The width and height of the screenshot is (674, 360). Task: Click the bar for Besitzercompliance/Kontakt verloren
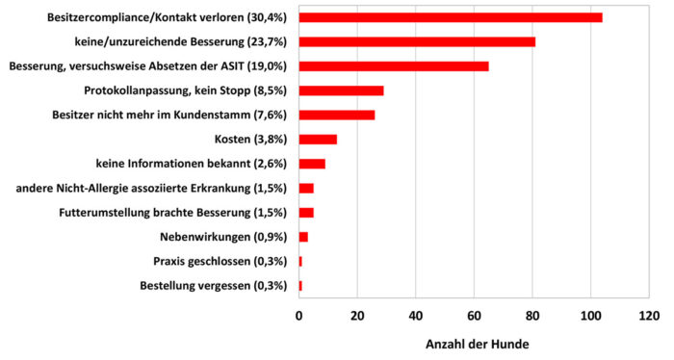[x=451, y=17]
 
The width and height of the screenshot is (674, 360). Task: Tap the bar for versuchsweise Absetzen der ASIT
[x=394, y=66]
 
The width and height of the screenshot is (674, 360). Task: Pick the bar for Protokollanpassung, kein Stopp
[x=342, y=90]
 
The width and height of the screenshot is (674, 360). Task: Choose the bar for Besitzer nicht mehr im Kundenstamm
[x=337, y=115]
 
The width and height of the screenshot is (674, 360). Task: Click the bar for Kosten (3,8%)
[x=318, y=140]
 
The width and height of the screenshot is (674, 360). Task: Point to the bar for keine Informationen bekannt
[x=312, y=164]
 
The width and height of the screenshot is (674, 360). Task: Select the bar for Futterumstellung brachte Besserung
[x=306, y=213]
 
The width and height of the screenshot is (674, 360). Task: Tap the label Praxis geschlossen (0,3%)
[x=221, y=262]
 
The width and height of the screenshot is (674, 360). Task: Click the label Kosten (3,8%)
[x=259, y=140]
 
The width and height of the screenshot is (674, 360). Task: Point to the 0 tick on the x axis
[x=299, y=316]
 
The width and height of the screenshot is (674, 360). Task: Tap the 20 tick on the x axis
[x=357, y=316]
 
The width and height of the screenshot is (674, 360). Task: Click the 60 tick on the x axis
[x=474, y=316]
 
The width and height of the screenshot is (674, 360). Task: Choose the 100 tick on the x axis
[x=590, y=316]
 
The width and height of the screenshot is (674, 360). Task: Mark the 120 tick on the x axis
[x=649, y=316]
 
